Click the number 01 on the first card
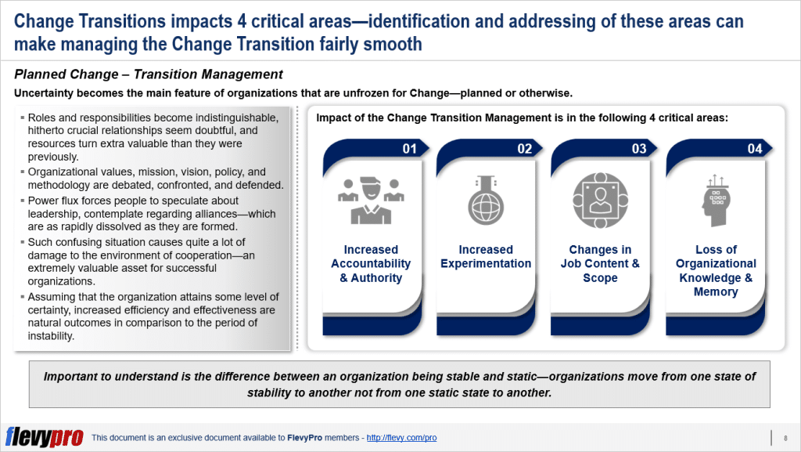coord(409,149)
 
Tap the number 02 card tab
coord(524,149)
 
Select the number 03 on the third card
coord(639,149)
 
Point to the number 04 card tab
coord(754,149)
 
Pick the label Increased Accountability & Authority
coord(371,263)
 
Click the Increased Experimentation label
coord(485,256)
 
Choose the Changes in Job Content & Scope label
coord(600,263)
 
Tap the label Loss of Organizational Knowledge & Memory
coord(715,270)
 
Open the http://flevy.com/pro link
coord(401,438)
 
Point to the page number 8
coord(785,437)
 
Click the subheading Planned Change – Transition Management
coord(149,75)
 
